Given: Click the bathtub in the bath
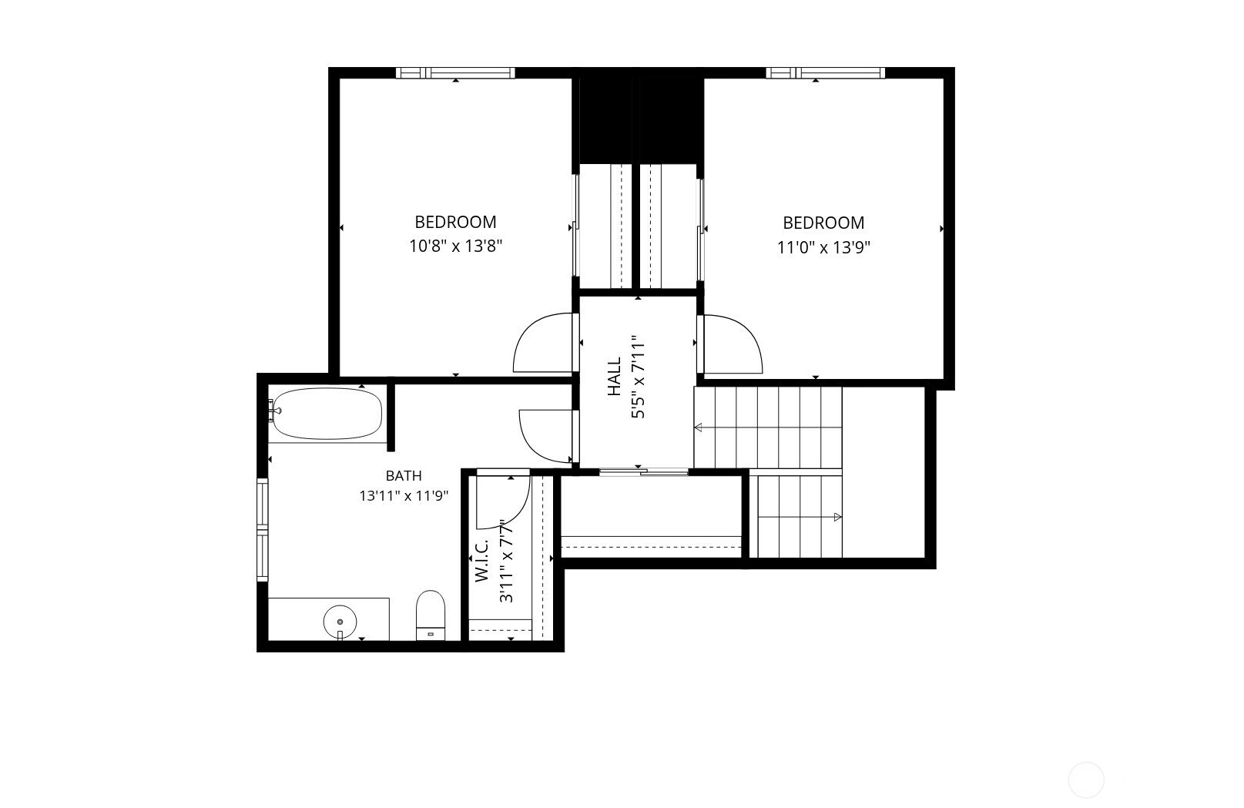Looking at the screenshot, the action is point(327,413).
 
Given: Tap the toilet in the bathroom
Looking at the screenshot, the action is point(431,615).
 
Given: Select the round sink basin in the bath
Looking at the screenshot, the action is point(340,622).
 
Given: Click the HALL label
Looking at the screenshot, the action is point(614,376).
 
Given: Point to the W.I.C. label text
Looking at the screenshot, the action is point(481,560).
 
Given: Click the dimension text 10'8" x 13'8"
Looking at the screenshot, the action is point(455,246).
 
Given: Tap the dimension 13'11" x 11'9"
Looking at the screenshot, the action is point(404,495).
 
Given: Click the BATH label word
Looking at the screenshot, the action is point(404,475).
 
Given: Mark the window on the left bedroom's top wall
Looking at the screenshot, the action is point(455,72).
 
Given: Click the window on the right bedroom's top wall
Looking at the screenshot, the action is point(825,72).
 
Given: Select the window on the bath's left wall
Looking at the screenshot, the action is point(262,530).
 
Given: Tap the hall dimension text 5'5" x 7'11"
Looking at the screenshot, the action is point(638,377).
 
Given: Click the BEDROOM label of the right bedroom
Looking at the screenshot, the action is point(823,223).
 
